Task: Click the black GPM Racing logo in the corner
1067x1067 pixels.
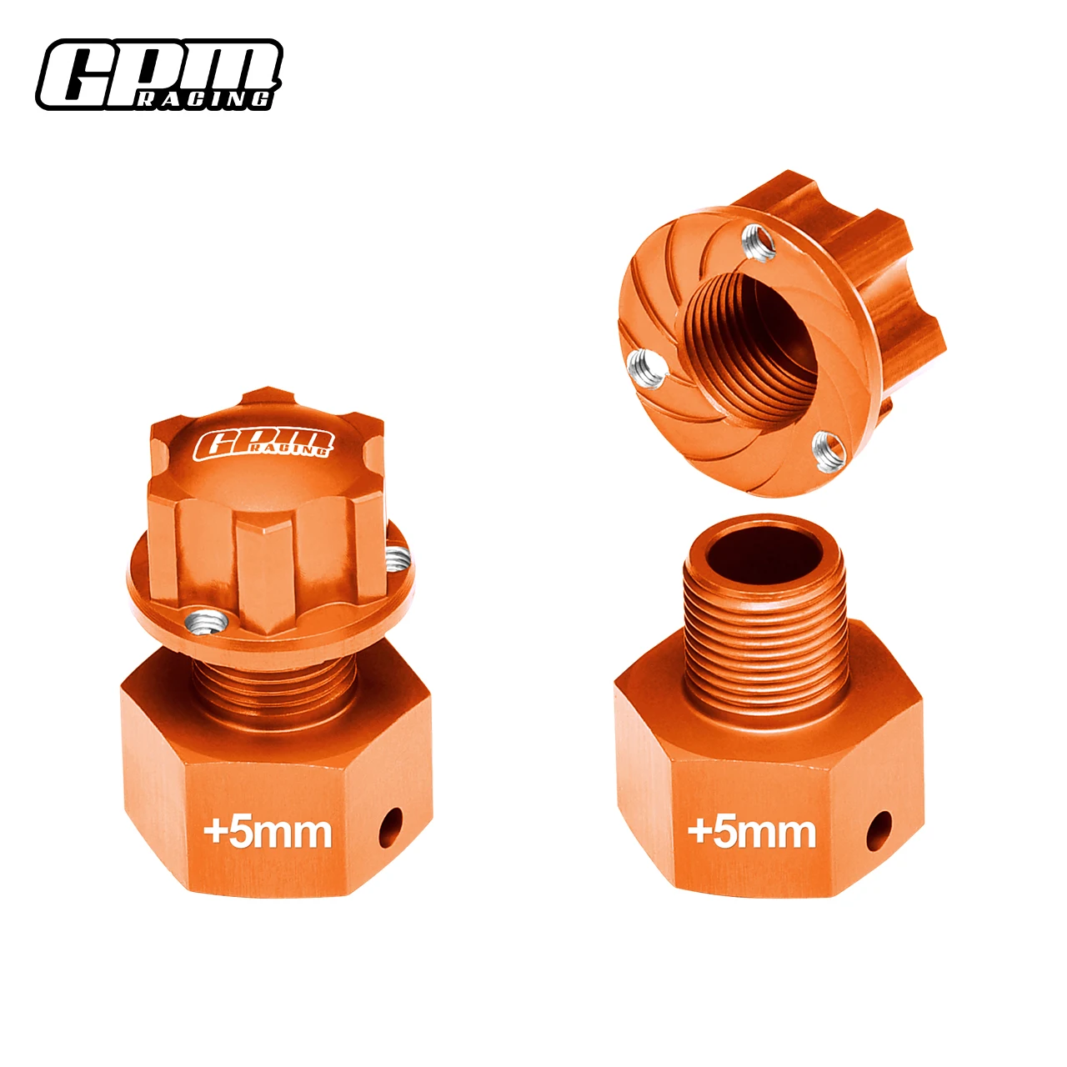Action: [158, 74]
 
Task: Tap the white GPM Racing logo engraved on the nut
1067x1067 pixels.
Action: [262, 443]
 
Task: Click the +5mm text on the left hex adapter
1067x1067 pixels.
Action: [267, 832]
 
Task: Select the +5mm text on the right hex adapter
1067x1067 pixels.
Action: [751, 832]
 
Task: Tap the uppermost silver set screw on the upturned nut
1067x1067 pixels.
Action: [758, 243]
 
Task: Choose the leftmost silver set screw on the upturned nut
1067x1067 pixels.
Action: [646, 368]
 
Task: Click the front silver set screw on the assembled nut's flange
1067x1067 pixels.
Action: [208, 621]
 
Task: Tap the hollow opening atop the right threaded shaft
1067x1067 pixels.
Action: [764, 554]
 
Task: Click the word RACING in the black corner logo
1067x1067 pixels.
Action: [203, 99]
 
